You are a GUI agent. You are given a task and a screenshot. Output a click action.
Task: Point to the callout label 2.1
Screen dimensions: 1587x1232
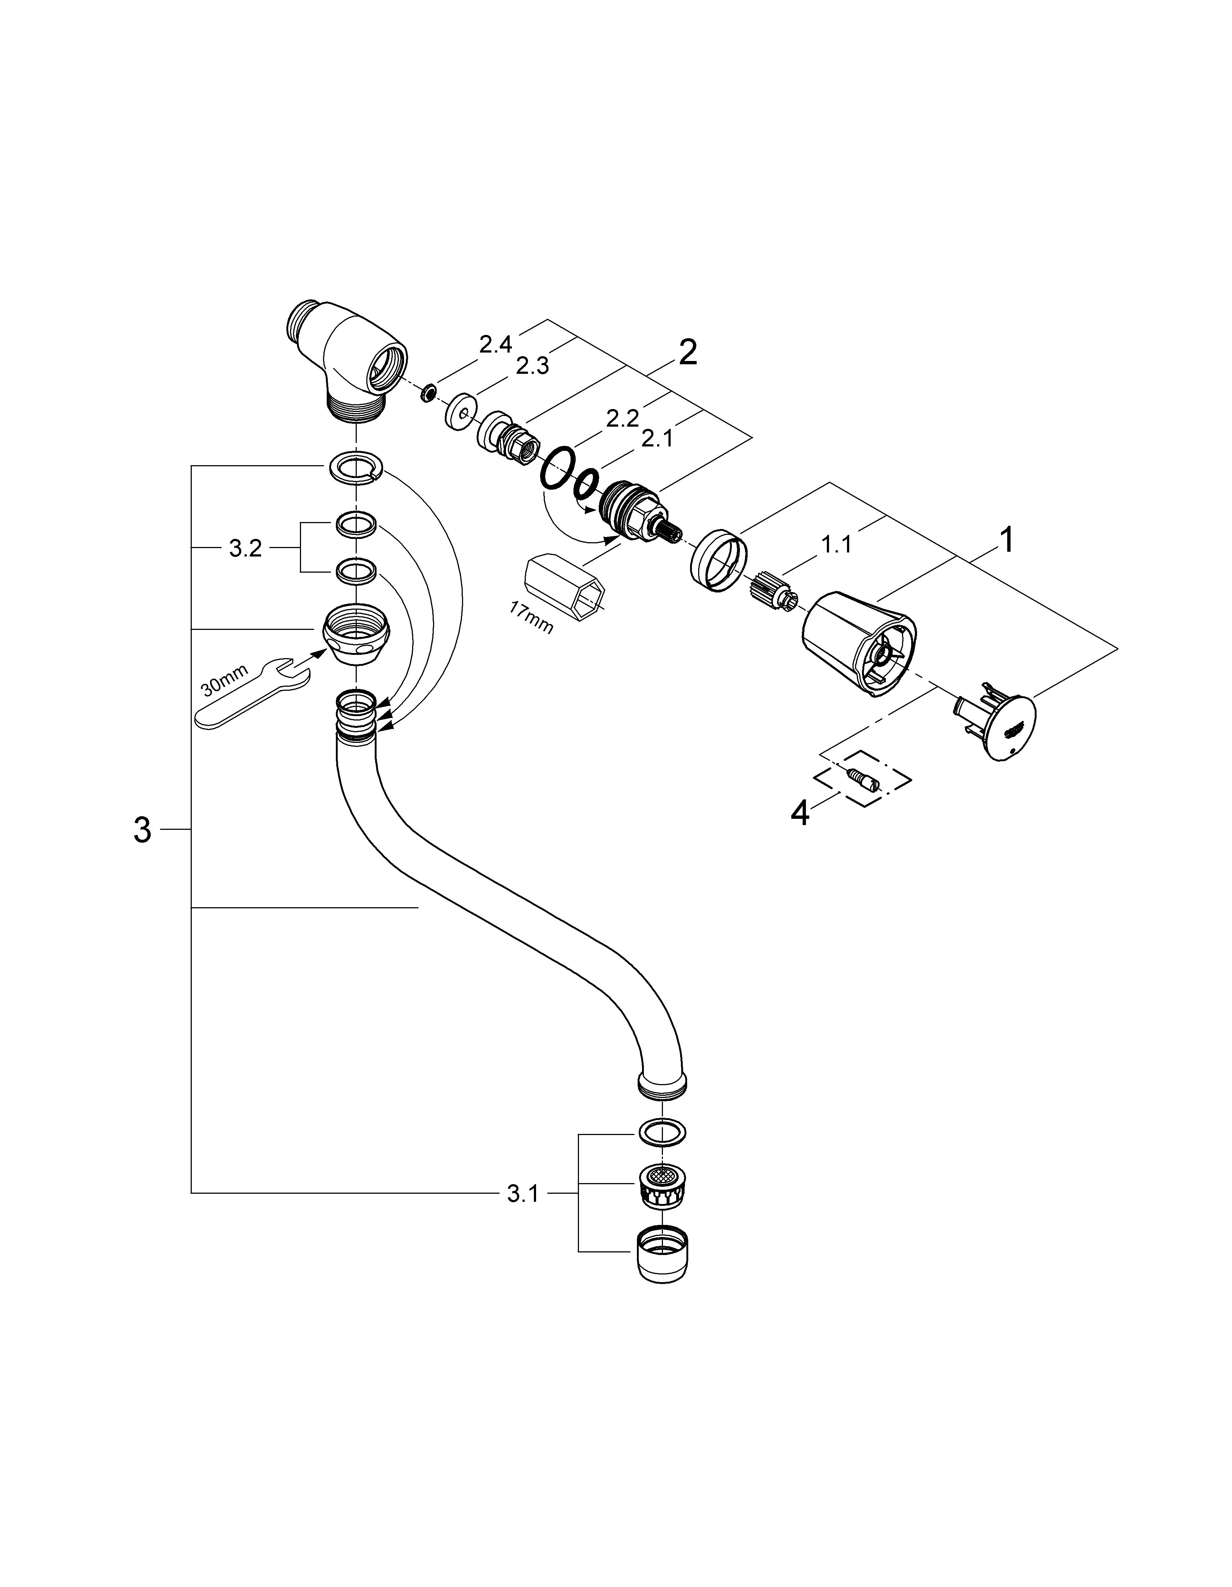657,439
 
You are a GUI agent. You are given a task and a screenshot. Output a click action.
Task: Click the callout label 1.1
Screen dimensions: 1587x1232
836,544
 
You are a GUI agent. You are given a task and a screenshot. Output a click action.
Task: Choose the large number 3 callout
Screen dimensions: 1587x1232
142,830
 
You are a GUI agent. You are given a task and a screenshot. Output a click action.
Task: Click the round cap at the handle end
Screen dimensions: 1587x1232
1000,727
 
